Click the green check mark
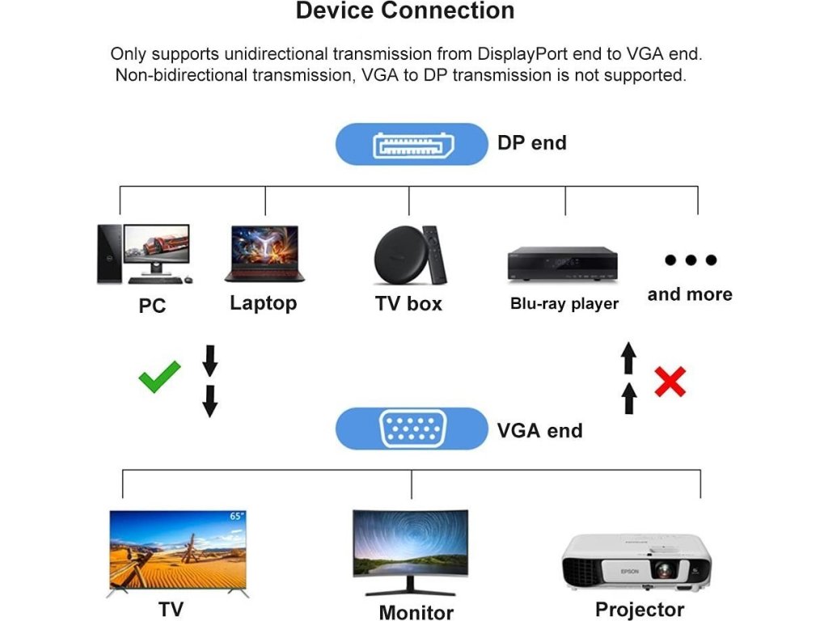tap(159, 377)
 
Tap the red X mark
tap(670, 381)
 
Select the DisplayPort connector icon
tap(411, 144)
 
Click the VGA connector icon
tap(411, 429)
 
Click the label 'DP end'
tap(531, 143)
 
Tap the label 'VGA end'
tap(539, 430)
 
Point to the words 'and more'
tap(690, 294)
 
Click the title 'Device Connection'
tap(405, 11)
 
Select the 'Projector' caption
tap(640, 609)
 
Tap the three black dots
tap(691, 260)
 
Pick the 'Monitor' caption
tap(416, 612)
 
